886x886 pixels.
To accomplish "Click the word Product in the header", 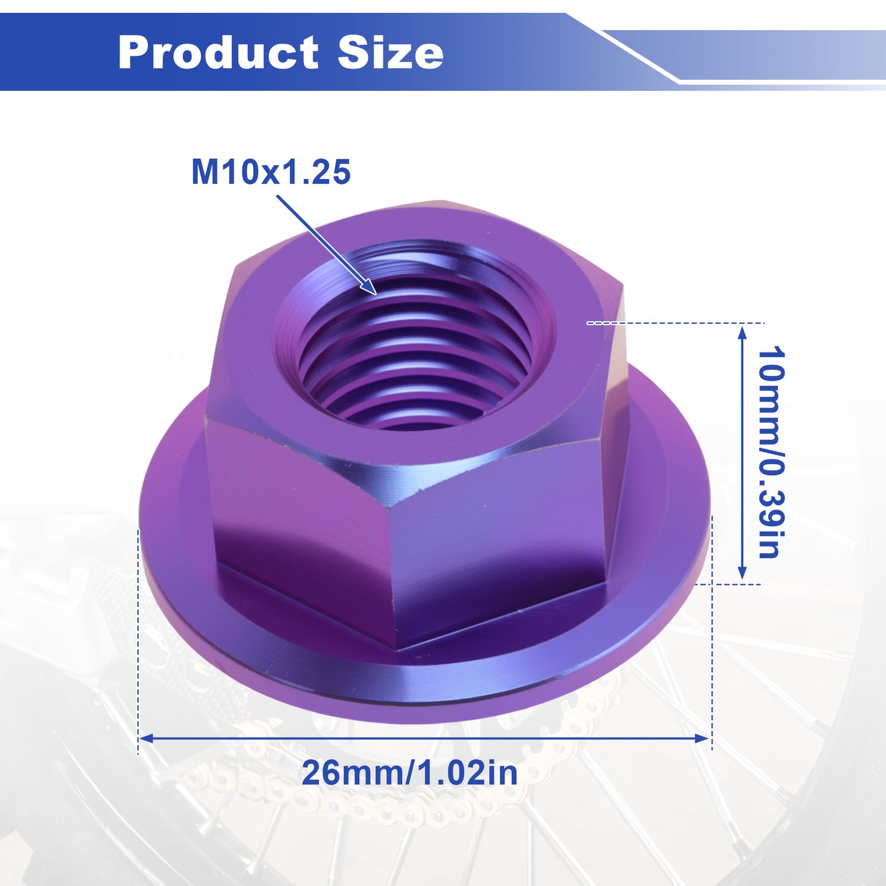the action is (218, 52).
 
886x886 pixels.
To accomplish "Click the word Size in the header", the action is (391, 52).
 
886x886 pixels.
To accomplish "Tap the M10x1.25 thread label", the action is (271, 172).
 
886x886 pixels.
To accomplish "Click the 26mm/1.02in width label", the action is (409, 773).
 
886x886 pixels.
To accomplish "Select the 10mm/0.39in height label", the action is (770, 453).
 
